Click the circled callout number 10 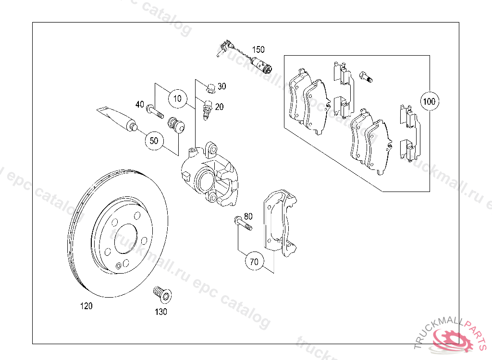coord(178,99)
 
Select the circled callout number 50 coord(154,141)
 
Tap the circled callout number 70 coord(254,262)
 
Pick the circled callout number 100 coord(429,101)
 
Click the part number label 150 coord(258,49)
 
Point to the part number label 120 coord(86,306)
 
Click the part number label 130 coord(161,312)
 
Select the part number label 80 coord(248,216)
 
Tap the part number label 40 coord(139,104)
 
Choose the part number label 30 coord(221,86)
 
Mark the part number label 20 coord(219,107)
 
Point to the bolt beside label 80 coord(243,224)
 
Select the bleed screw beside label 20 coord(208,110)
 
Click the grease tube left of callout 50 coord(117,118)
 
